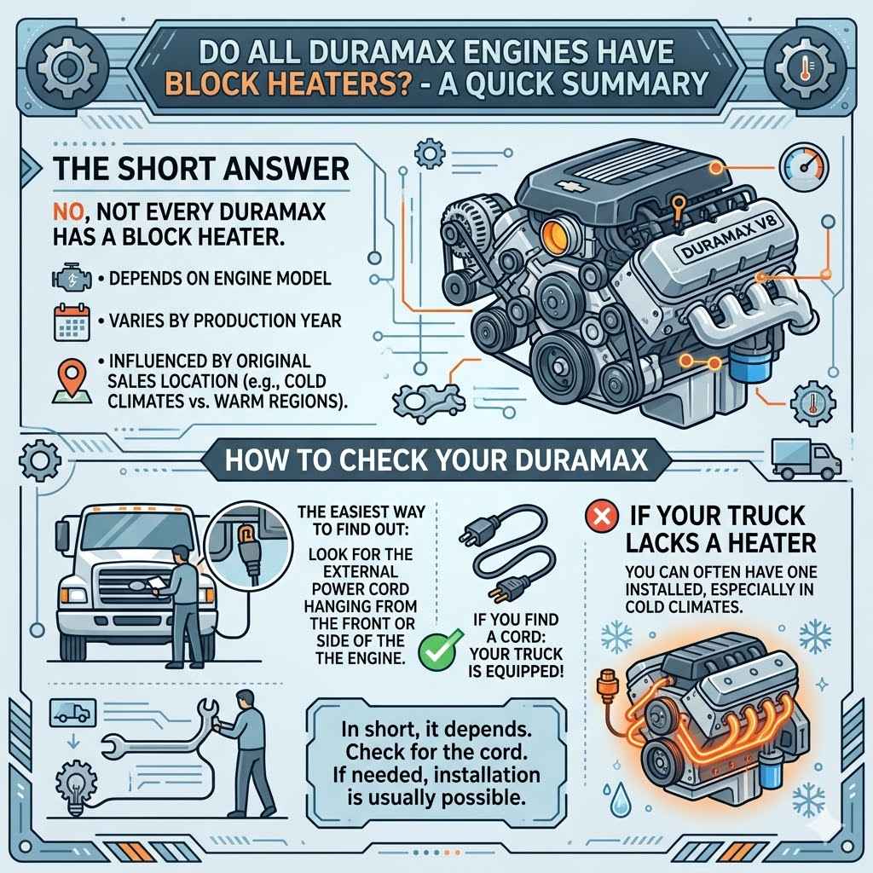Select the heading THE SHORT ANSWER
click(201, 167)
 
